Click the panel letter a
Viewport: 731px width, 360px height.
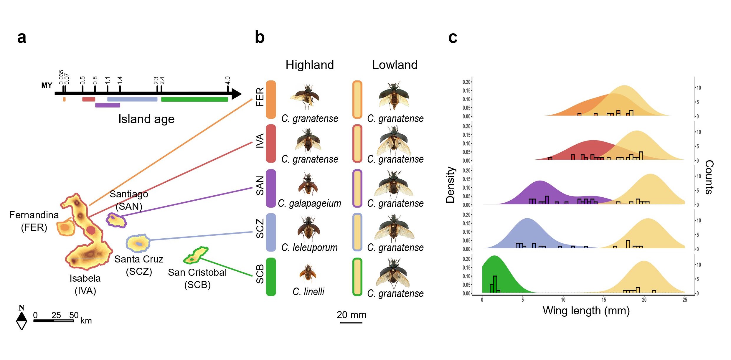[x=22, y=38]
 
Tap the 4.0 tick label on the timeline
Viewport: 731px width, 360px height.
[x=227, y=80]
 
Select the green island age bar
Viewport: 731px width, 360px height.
[x=194, y=99]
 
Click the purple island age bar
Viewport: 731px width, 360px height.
[x=108, y=105]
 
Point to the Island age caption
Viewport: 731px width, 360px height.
[x=146, y=119]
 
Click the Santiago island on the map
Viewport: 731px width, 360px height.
[x=116, y=220]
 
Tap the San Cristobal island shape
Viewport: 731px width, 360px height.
[x=196, y=255]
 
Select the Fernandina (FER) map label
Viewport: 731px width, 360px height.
[x=34, y=221]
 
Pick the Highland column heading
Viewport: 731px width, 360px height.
[x=310, y=65]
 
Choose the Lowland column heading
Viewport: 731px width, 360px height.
[x=395, y=65]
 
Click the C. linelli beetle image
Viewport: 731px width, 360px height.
[x=308, y=273]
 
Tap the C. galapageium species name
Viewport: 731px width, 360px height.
[x=309, y=203]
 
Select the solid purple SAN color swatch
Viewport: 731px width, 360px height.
[x=271, y=188]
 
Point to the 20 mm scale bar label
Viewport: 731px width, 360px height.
[x=352, y=315]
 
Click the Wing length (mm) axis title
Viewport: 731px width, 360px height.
[x=586, y=311]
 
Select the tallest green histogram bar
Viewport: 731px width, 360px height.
[x=495, y=284]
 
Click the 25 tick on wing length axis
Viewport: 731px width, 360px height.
[x=685, y=300]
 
